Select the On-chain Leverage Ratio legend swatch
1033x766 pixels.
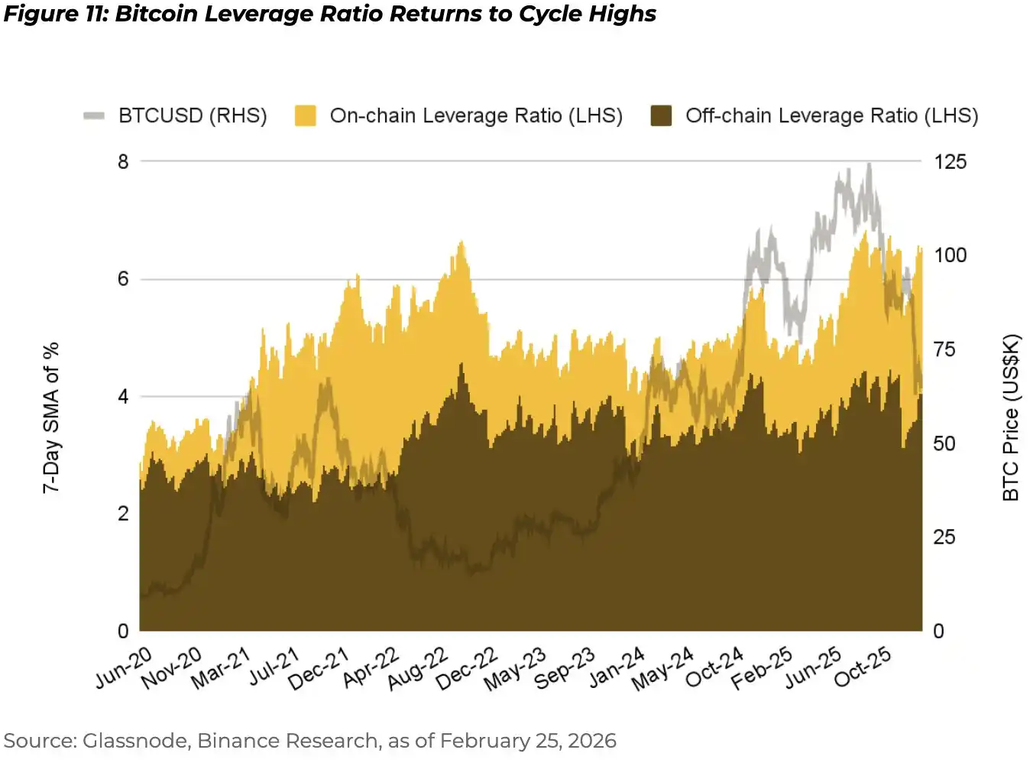[x=306, y=115]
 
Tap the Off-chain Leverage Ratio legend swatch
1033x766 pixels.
[x=661, y=115]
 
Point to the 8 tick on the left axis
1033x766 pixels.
[x=123, y=161]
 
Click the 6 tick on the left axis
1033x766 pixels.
[x=123, y=279]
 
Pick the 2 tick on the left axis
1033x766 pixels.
[x=123, y=514]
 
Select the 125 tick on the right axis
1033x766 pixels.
[x=950, y=161]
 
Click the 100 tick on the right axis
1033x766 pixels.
[x=950, y=255]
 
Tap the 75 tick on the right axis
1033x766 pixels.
[x=944, y=349]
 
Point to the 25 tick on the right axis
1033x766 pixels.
[x=944, y=537]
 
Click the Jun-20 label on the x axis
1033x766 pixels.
[x=124, y=667]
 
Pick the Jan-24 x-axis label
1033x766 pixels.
[x=617, y=667]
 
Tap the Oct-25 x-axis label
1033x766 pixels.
[x=863, y=667]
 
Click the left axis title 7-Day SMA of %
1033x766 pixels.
[x=50, y=417]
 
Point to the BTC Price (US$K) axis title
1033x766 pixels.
[x=1011, y=417]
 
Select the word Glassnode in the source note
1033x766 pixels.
[x=137, y=741]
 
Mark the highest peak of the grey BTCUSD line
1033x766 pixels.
[x=869, y=164]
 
